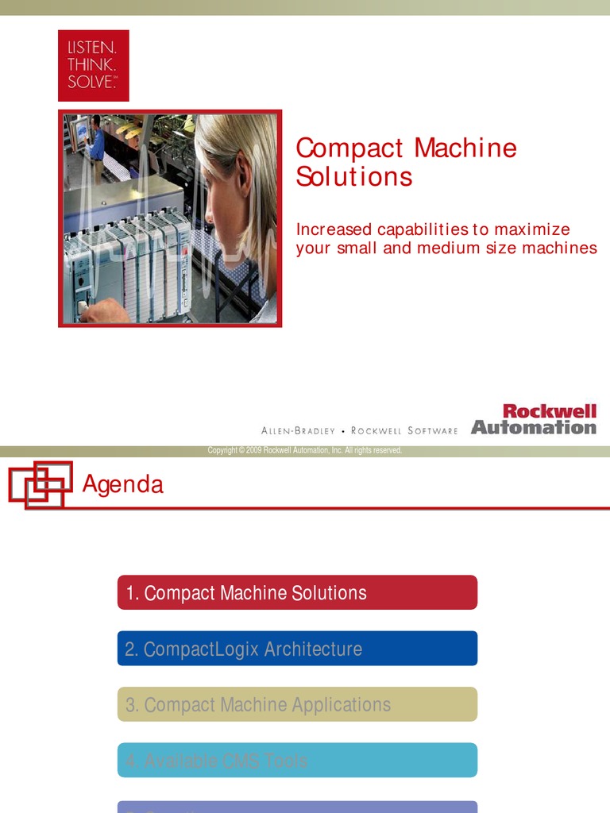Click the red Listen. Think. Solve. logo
coord(93,65)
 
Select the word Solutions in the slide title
coord(354,176)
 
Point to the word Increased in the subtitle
coord(334,229)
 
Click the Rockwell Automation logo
coord(534,419)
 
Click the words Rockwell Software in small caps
coord(404,431)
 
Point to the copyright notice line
coord(305,451)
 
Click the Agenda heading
coord(123,484)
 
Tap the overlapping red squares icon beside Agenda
coord(40,484)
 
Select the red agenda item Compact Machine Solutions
coord(297,592)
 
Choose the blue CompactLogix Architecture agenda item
coord(297,649)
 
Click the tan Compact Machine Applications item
coord(297,704)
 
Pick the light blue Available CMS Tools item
coord(297,761)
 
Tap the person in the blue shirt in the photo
coord(96,139)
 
